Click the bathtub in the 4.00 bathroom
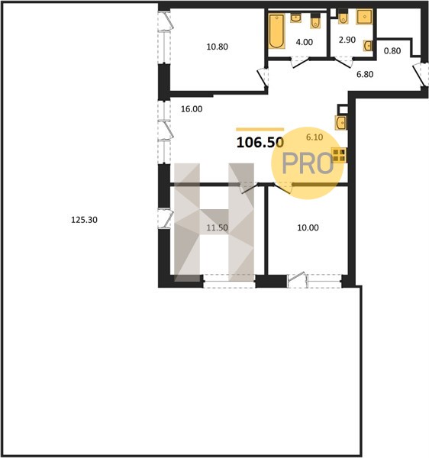tap(276, 31)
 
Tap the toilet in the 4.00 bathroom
tap(314, 21)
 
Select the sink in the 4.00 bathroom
tap(296, 18)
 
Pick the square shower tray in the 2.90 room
tap(364, 17)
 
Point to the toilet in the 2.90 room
tap(343, 17)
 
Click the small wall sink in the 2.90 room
tap(368, 46)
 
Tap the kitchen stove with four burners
tap(339, 155)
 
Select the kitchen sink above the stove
tap(340, 122)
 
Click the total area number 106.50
tap(260, 143)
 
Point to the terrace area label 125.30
tap(85, 220)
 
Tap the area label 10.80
tap(218, 47)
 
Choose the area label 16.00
tap(192, 109)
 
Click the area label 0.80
tap(392, 51)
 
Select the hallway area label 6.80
tap(365, 74)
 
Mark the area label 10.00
tap(308, 227)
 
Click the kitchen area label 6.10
tap(314, 137)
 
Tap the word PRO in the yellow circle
tap(308, 163)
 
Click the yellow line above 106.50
tap(260, 129)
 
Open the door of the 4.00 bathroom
tap(300, 63)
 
